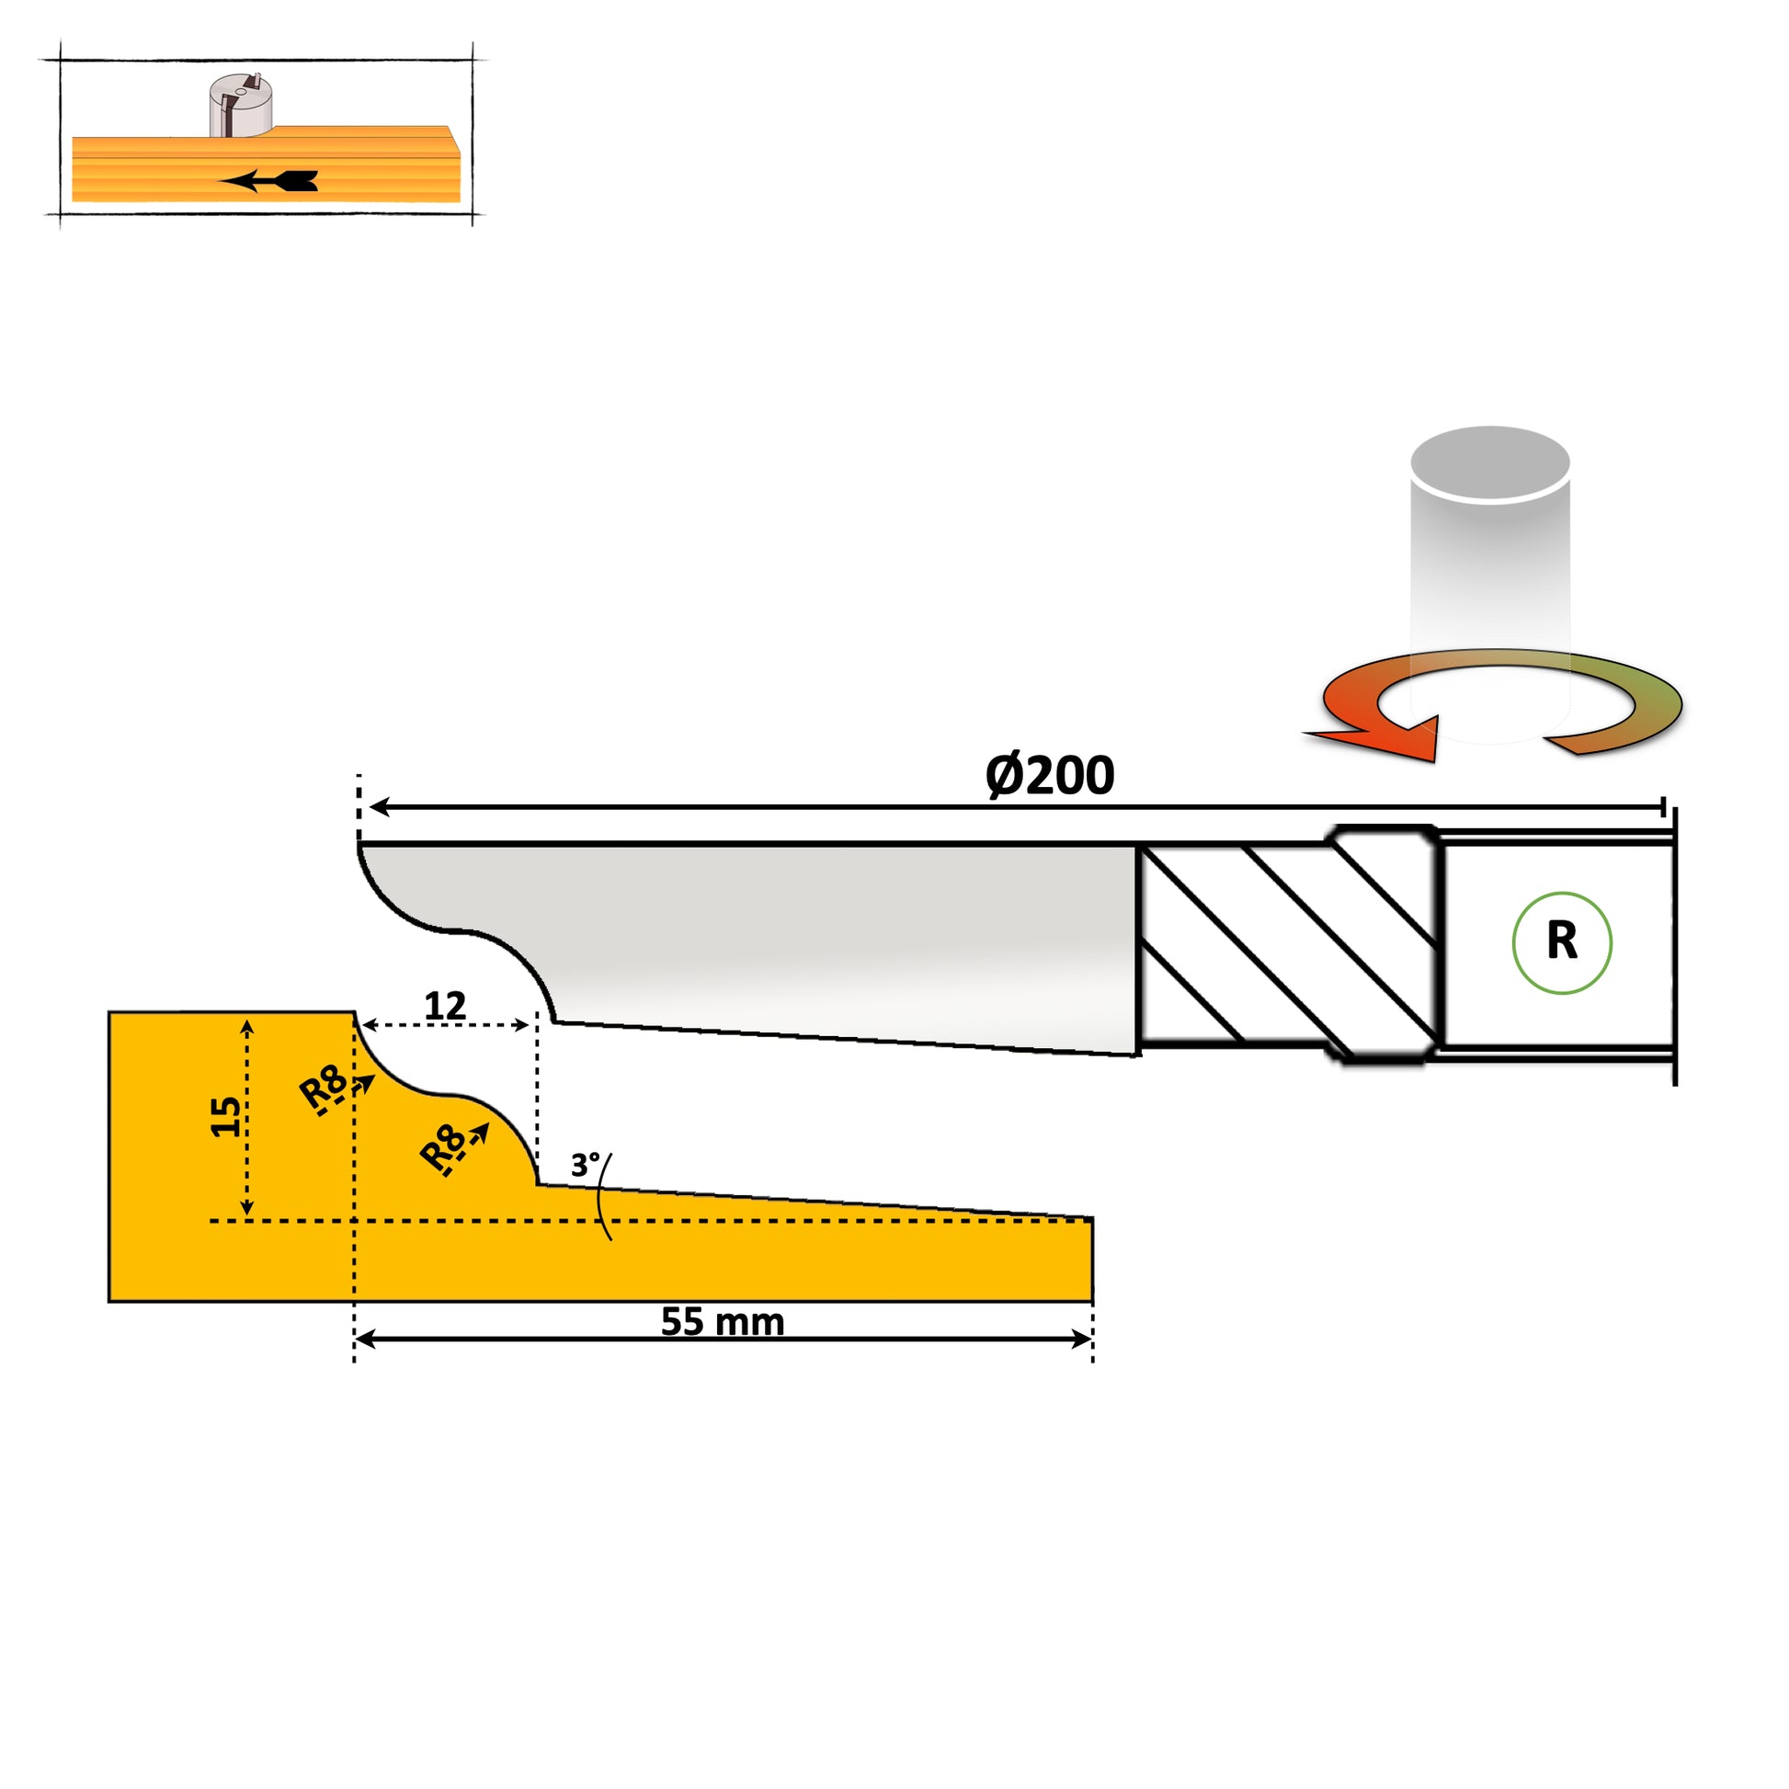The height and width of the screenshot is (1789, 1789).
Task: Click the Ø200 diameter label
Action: coord(1049,775)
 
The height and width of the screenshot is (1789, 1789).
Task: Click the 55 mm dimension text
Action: coord(723,1322)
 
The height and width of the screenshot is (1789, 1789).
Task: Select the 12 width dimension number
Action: coord(444,1006)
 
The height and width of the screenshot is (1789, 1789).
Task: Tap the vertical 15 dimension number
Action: coord(226,1117)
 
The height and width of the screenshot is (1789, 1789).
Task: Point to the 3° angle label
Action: coord(585,1165)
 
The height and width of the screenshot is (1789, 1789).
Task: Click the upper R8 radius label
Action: coord(325,1088)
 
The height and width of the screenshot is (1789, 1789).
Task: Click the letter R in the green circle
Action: coord(1562,941)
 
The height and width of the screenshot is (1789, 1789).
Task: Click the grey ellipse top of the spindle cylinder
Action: coord(1490,462)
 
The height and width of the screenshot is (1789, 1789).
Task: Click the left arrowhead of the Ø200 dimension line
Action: coord(379,807)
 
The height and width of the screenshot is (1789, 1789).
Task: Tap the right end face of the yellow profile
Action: coord(1093,1259)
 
